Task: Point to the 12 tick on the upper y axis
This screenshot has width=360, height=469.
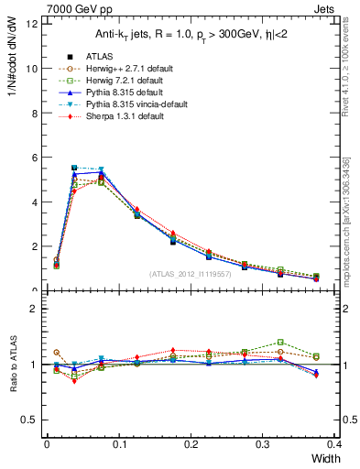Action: click(x=34, y=24)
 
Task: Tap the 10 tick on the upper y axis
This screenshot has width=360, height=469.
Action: click(x=34, y=69)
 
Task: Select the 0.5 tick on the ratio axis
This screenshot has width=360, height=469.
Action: click(x=32, y=420)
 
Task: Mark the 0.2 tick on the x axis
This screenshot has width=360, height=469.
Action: click(x=191, y=444)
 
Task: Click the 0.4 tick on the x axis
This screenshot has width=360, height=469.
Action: click(x=334, y=444)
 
